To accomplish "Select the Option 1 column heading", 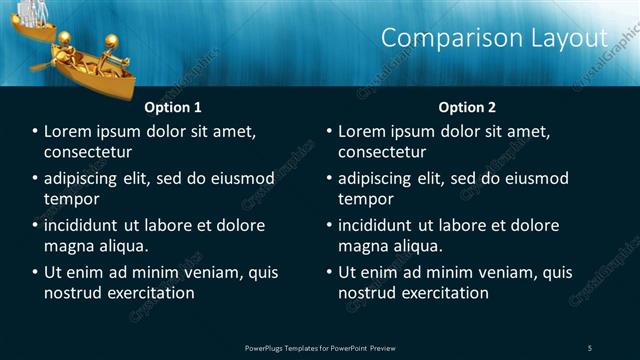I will [173, 107].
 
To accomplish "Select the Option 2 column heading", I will [466, 107].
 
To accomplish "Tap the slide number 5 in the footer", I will [589, 347].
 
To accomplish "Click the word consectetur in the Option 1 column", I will [89, 152].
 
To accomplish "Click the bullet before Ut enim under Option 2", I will [329, 272].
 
